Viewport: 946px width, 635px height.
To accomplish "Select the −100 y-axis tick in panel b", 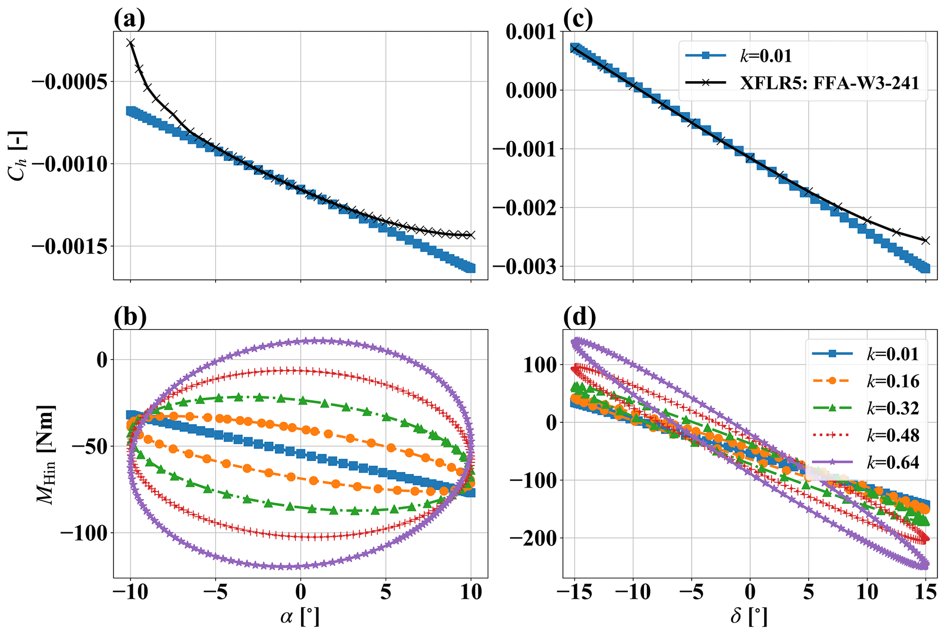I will pos(83,533).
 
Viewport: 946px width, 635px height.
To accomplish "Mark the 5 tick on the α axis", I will pos(386,593).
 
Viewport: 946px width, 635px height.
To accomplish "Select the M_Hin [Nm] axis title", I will pos(47,454).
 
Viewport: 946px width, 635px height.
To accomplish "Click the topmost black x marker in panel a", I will pos(130,43).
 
